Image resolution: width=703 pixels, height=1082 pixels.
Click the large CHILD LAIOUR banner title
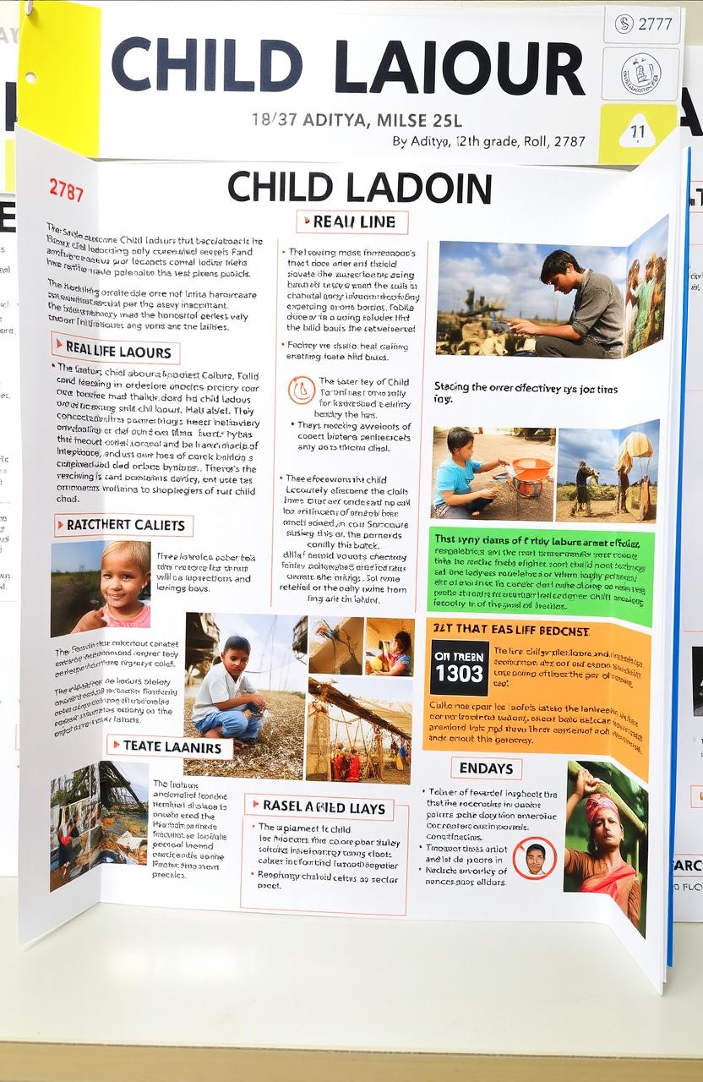tap(347, 67)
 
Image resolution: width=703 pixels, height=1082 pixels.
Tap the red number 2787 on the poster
tap(66, 189)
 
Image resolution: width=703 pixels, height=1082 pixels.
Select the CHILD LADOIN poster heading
tap(359, 188)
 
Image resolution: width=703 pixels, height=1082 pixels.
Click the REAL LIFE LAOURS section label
tap(116, 349)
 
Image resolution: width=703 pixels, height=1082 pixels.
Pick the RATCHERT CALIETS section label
tap(124, 525)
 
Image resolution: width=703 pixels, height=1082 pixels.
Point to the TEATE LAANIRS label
tap(170, 746)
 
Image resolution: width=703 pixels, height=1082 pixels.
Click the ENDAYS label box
tap(486, 768)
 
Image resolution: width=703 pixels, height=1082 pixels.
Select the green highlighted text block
tap(541, 575)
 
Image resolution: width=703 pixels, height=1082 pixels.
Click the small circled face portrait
tap(535, 858)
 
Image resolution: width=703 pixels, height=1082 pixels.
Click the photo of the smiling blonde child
tap(101, 587)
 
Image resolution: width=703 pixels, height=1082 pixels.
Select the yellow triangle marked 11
tap(637, 133)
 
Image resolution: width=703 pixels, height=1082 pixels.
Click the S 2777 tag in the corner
tap(644, 25)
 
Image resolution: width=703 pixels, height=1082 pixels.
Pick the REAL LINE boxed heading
tap(352, 222)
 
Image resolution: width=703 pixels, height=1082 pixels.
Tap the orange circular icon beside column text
tap(302, 390)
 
